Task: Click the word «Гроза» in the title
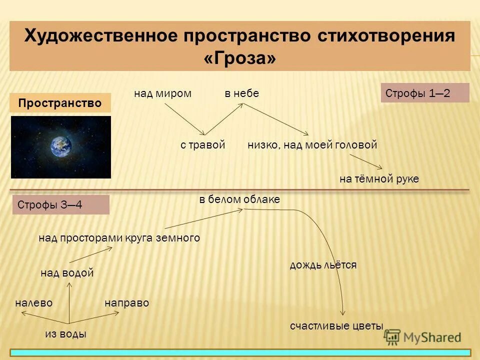(x=240, y=58)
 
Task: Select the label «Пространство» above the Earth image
(x=60, y=103)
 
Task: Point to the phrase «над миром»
(x=162, y=93)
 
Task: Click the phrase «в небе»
(x=241, y=93)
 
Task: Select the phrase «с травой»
(x=203, y=145)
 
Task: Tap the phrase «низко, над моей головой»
(x=312, y=145)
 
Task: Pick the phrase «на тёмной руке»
(x=379, y=179)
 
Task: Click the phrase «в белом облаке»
(x=239, y=199)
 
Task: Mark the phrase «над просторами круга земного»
(x=119, y=238)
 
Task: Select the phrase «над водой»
(x=67, y=273)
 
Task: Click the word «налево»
(x=34, y=303)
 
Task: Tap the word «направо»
(x=126, y=303)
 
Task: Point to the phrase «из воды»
(x=65, y=334)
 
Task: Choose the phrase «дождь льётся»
(x=323, y=265)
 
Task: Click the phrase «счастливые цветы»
(x=336, y=326)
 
